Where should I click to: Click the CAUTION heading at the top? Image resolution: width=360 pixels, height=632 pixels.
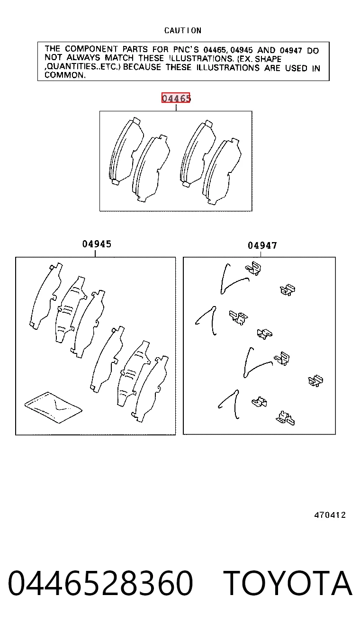tap(183, 30)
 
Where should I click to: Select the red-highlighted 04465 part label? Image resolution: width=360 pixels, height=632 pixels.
tap(176, 98)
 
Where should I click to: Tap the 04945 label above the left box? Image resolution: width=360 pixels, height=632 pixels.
tap(97, 244)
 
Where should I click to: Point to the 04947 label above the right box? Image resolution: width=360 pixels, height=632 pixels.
tap(262, 245)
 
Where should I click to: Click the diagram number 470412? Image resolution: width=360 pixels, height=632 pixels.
tap(330, 515)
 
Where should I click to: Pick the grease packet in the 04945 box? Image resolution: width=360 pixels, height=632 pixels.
tap(54, 407)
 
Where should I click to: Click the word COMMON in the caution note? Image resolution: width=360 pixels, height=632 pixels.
tap(64, 75)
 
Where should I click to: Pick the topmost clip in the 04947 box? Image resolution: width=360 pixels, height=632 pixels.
tap(253, 268)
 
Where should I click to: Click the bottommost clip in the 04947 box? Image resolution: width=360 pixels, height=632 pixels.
tap(285, 418)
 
